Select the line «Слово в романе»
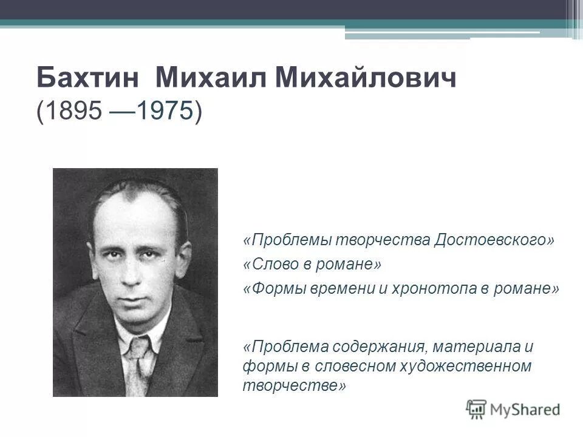313,265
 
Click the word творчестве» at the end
295,386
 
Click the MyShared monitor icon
476,408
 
